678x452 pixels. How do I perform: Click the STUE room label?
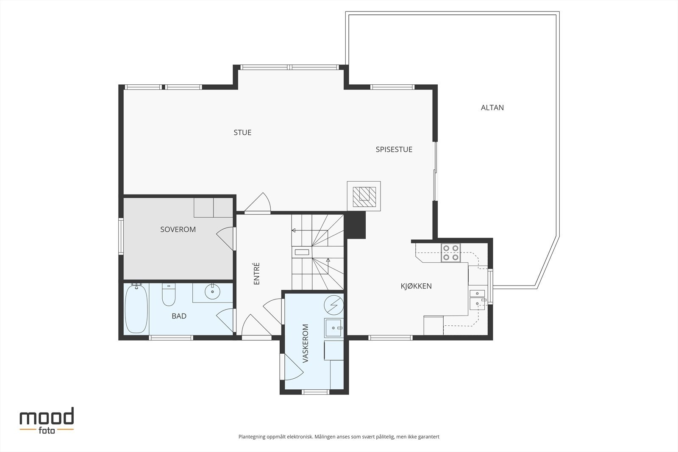242,133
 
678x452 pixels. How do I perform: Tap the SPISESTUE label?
394,150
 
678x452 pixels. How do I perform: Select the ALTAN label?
492,108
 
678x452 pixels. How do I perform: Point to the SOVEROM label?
178,229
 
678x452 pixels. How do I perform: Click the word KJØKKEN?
416,286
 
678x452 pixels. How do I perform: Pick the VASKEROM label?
306,344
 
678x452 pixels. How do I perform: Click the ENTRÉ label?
256,274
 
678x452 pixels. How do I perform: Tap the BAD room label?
179,316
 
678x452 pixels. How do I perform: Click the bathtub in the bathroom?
136,308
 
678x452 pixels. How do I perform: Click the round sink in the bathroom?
212,291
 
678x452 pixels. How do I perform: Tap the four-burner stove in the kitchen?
451,252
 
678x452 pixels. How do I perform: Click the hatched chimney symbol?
364,197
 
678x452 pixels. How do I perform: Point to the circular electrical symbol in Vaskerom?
334,305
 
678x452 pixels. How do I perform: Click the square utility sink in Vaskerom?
333,328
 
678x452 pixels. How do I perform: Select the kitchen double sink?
477,299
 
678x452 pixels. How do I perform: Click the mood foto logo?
47,421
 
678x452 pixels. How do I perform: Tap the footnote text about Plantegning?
339,437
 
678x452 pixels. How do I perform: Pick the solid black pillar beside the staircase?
356,225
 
